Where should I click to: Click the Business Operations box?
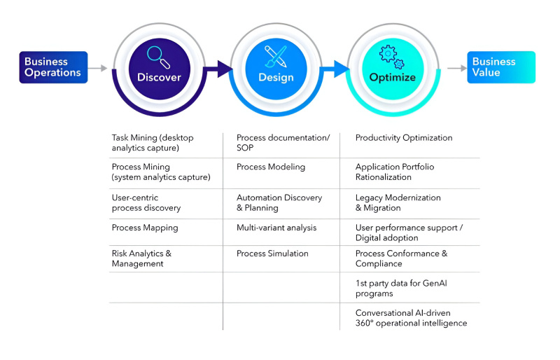coord(53,67)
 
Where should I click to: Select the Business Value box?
coord(501,67)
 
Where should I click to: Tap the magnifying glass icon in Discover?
coord(158,55)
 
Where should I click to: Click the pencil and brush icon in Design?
coord(276,55)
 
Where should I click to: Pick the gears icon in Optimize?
coord(392,55)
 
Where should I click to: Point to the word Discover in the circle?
coord(159,78)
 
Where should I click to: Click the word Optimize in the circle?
coord(392,78)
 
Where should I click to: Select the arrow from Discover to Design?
coord(221,69)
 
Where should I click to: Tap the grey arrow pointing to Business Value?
coord(456,69)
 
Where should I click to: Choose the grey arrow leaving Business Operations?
coord(99,69)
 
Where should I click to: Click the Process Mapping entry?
coord(145,228)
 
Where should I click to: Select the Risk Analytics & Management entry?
coord(141,258)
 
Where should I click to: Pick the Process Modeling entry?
coord(271,167)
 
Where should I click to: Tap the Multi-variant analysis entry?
coord(276,228)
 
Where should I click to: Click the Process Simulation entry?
coord(272,254)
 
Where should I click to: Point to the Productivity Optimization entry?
coord(404,138)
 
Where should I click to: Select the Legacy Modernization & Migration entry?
coord(398,202)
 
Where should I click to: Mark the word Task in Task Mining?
coord(121,138)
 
